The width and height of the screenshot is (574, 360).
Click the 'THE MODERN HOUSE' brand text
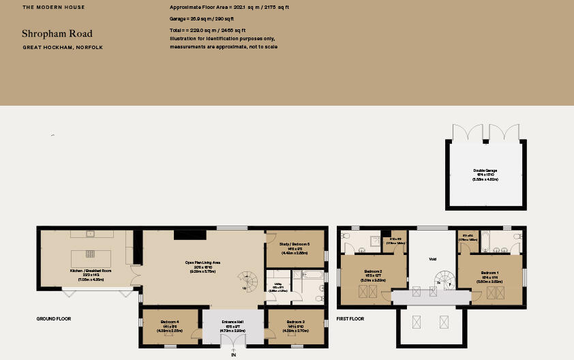pos(54,7)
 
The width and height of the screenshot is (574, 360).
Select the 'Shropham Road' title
pos(57,33)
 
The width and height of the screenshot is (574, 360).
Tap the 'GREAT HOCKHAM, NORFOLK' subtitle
pos(63,48)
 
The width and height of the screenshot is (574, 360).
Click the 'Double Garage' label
pos(486,171)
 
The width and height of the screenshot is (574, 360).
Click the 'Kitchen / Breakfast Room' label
pos(91,270)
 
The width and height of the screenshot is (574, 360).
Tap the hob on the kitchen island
pos(90,254)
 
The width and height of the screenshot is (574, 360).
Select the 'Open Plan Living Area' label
pos(202,262)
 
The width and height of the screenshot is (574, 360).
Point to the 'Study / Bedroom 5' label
pos(294,244)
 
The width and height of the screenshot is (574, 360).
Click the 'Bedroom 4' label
pos(169,321)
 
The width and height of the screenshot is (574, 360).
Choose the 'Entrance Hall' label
pos(233,321)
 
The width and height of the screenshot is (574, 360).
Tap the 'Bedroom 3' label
pos(295,321)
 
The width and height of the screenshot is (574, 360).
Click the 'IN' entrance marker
pos(233,355)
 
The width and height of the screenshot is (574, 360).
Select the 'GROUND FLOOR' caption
pos(54,318)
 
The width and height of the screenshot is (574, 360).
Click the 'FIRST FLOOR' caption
pos(350,318)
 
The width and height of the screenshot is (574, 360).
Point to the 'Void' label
pos(432,259)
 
